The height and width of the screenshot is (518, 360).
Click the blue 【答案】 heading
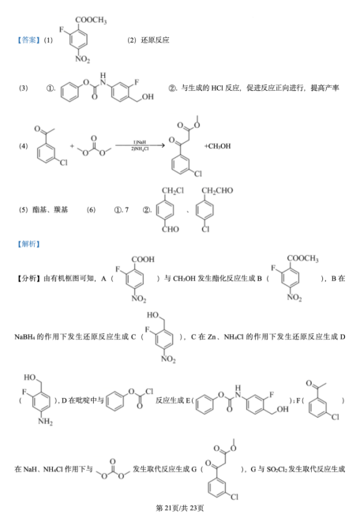pyautogui.click(x=28, y=40)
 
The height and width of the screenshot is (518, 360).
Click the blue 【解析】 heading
pyautogui.click(x=28, y=244)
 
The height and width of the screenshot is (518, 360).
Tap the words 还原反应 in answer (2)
pyautogui.click(x=156, y=40)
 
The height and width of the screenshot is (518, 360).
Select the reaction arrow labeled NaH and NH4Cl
pyautogui.click(x=140, y=145)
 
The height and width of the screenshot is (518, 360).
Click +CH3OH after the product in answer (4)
pyautogui.click(x=217, y=146)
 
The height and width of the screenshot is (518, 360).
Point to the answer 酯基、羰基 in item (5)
pyautogui.click(x=51, y=210)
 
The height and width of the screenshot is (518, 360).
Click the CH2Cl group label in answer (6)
pyautogui.click(x=173, y=190)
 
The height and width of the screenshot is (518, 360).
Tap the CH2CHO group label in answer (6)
pyautogui.click(x=217, y=190)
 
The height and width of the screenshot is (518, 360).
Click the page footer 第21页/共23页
pyautogui.click(x=180, y=508)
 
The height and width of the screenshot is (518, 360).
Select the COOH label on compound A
pyautogui.click(x=143, y=259)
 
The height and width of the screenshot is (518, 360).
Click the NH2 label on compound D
pyautogui.click(x=45, y=422)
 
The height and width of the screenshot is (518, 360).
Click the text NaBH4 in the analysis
pyautogui.click(x=24, y=336)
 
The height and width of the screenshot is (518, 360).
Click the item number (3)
pyautogui.click(x=23, y=88)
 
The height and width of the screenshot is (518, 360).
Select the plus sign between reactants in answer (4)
pyautogui.click(x=72, y=145)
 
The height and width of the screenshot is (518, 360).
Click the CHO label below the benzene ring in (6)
pyautogui.click(x=171, y=229)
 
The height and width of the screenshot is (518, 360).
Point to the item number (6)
pyautogui.click(x=91, y=210)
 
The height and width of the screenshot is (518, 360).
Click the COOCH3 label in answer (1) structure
pyautogui.click(x=91, y=20)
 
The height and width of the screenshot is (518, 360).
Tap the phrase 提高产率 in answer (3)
pyautogui.click(x=324, y=88)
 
